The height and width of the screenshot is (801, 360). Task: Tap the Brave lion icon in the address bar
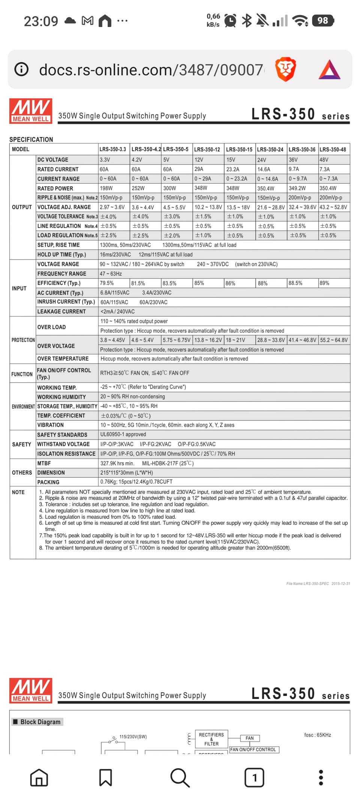(x=286, y=69)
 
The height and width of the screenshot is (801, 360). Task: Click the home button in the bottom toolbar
(x=39, y=777)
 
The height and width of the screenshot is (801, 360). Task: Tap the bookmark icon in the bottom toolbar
(x=105, y=777)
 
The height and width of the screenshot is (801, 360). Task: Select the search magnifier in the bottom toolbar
(x=180, y=777)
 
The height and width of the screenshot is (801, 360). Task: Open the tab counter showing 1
(x=254, y=777)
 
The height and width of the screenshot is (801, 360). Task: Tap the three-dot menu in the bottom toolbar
(x=321, y=777)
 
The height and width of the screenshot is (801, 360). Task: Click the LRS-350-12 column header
(x=207, y=149)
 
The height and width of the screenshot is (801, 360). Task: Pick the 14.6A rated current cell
(x=264, y=169)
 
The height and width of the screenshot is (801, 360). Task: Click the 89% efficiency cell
(x=324, y=283)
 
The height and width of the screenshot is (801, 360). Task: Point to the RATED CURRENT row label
(x=58, y=169)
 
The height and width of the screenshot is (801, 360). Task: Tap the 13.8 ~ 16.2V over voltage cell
(x=208, y=340)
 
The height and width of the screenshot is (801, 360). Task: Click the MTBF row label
(x=44, y=463)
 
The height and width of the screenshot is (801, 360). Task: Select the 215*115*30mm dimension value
(x=126, y=472)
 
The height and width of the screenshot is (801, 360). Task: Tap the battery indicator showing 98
(x=323, y=21)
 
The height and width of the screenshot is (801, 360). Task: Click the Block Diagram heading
(x=40, y=721)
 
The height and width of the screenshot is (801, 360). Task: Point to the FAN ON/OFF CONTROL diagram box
(x=253, y=749)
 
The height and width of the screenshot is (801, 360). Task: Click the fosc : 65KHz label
(x=318, y=735)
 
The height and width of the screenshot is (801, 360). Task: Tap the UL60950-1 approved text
(x=123, y=434)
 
